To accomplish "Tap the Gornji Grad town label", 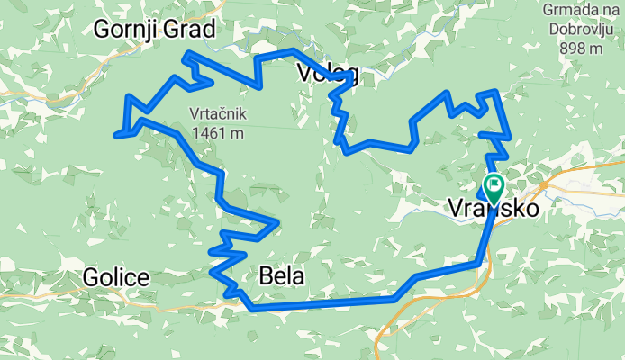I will point(155,31).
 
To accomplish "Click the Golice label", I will point(116,277).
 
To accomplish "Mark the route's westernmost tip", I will point(116,136).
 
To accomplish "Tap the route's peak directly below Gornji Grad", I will point(187,55).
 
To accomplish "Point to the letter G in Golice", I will point(91,277).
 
